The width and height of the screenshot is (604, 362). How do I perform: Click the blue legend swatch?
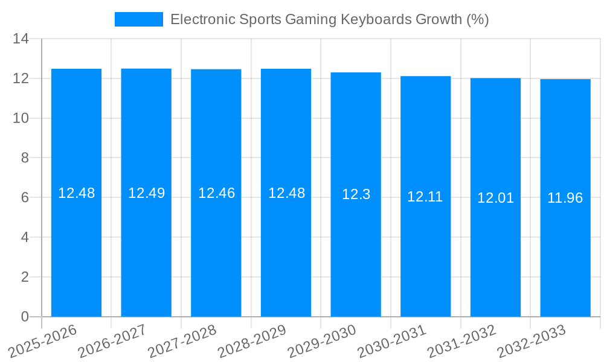(139, 19)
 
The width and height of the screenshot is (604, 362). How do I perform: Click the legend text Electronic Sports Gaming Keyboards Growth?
(329, 19)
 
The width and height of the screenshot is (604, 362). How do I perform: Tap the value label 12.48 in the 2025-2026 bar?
(76, 193)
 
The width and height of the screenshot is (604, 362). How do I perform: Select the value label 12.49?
(146, 193)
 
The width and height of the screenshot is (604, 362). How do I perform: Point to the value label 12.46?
(216, 193)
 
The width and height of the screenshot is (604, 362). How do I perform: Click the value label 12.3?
(356, 194)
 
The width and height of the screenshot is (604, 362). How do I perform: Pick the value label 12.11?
(425, 197)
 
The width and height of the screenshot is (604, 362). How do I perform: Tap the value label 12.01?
(495, 198)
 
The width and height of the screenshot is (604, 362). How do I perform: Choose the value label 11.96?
(565, 198)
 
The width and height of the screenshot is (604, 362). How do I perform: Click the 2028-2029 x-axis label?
(252, 341)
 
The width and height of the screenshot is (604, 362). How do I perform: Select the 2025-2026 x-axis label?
(43, 341)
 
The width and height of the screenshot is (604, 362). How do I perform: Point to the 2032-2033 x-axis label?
(531, 341)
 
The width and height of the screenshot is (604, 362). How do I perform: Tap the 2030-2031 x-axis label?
(392, 341)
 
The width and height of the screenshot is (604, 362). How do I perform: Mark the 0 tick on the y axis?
(25, 317)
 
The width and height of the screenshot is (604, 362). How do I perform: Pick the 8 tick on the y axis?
(25, 158)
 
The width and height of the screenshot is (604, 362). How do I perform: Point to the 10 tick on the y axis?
(21, 118)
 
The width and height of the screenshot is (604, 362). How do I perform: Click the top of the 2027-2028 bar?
(216, 69)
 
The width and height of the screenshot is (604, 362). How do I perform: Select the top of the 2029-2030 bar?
(356, 72)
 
